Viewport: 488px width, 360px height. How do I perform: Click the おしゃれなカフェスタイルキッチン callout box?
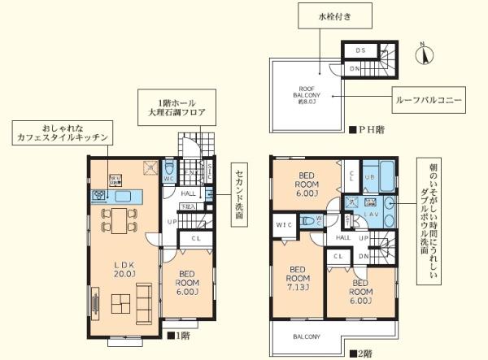click(59, 134)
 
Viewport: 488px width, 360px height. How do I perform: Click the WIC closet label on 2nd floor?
click(285, 223)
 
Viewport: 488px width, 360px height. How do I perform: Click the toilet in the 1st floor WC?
click(169, 173)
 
